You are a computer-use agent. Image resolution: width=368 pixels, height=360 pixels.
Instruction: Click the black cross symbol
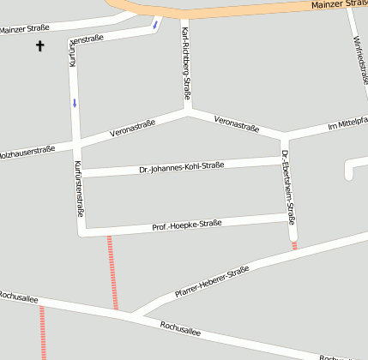click(39, 45)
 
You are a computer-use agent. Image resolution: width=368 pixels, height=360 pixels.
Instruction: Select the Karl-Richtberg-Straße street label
click(186, 63)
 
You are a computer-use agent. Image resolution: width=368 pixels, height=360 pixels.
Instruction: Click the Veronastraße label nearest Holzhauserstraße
click(133, 129)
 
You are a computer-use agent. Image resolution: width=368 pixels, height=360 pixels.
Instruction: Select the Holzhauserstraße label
click(26, 152)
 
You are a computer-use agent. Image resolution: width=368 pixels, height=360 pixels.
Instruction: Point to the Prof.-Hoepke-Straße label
click(187, 225)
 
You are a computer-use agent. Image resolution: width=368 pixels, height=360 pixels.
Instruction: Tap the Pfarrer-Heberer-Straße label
click(211, 281)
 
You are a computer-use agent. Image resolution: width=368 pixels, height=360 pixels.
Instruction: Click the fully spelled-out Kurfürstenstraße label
click(79, 192)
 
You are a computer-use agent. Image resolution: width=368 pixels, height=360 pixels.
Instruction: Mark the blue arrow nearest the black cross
click(75, 103)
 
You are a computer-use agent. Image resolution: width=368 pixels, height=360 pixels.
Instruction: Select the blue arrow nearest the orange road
click(155, 23)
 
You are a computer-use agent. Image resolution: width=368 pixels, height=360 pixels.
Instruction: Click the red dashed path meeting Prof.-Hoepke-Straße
click(112, 271)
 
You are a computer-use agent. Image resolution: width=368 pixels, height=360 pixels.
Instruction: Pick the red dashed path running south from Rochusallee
click(41, 333)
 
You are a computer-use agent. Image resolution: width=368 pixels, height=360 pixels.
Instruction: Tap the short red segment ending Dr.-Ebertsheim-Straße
click(294, 245)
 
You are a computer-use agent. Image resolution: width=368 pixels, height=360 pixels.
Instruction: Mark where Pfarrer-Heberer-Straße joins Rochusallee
click(131, 313)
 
